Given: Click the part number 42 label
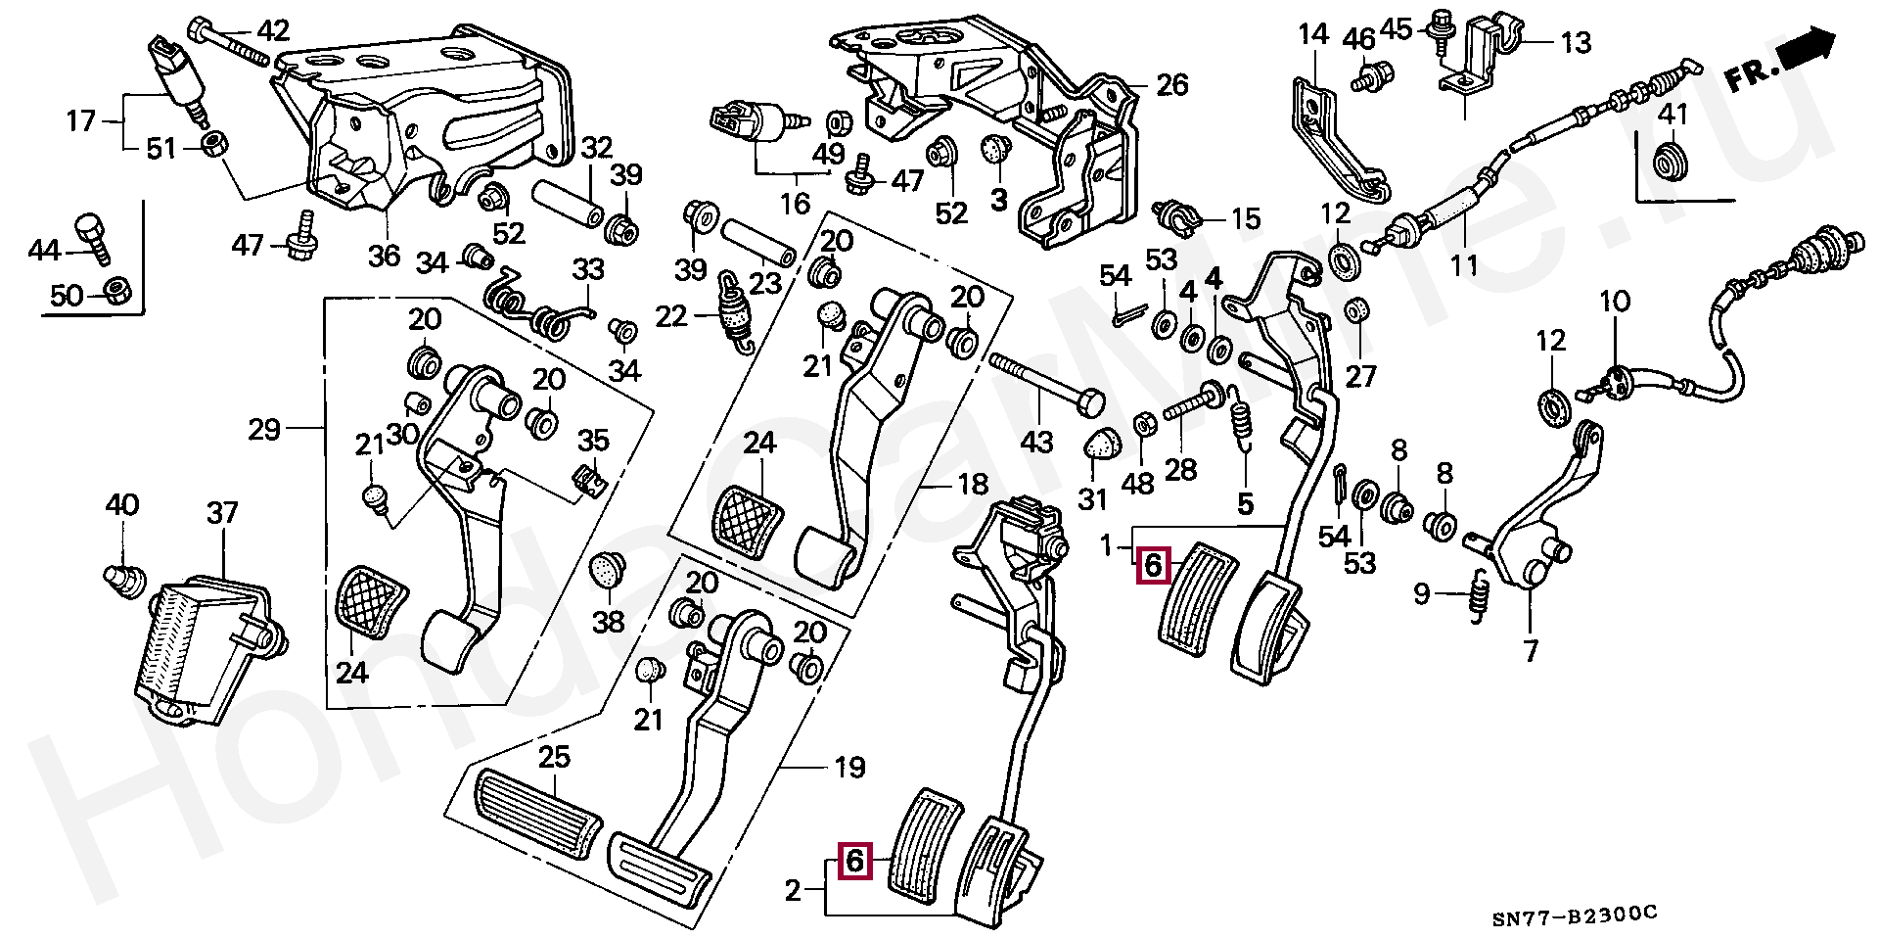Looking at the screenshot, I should point(272,31).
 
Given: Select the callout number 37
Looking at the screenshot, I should point(222,513).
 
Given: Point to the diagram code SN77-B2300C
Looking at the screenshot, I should point(1575,915).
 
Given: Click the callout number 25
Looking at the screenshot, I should point(554,759).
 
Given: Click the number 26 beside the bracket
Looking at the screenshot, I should point(1171,85).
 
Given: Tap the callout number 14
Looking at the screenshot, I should point(1313,34).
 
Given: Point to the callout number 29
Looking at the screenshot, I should point(264,429).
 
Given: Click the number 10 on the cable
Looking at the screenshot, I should point(1615,302).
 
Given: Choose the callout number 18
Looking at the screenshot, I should point(973,484).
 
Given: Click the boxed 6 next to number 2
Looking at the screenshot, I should point(854,861).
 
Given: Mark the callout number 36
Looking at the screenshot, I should point(384,256).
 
